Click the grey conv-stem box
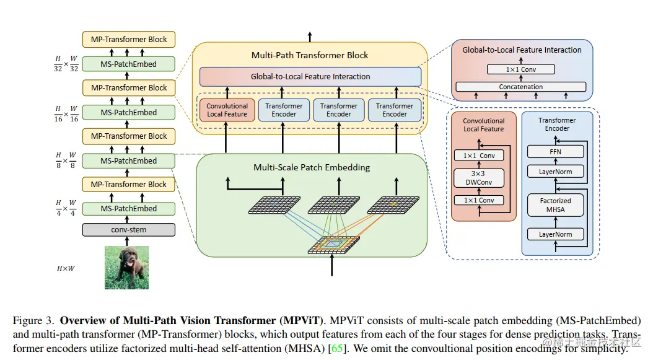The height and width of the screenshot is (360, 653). click(x=129, y=230)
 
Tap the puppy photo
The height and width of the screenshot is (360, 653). click(x=126, y=267)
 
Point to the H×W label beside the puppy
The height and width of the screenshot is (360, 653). click(x=66, y=268)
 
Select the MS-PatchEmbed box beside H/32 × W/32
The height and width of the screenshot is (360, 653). click(x=129, y=64)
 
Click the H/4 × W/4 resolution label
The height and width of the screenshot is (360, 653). click(x=65, y=208)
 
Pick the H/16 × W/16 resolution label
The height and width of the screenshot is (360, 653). click(x=65, y=113)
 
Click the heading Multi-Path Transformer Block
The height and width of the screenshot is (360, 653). click(x=310, y=55)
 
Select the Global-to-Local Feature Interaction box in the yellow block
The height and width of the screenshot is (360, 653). click(x=310, y=77)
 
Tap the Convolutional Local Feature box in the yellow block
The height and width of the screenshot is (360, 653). click(x=227, y=110)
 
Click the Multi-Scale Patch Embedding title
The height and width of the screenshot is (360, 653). click(x=311, y=167)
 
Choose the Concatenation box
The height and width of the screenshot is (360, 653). click(x=521, y=87)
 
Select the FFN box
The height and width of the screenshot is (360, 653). click(x=556, y=151)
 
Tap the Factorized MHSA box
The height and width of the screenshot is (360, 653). click(x=556, y=205)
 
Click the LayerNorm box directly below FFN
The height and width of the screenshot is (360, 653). click(x=556, y=171)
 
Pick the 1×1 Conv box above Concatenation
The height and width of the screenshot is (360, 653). click(x=520, y=69)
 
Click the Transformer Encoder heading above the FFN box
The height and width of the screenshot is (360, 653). click(x=557, y=125)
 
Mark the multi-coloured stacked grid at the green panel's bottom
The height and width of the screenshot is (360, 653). click(x=333, y=245)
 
